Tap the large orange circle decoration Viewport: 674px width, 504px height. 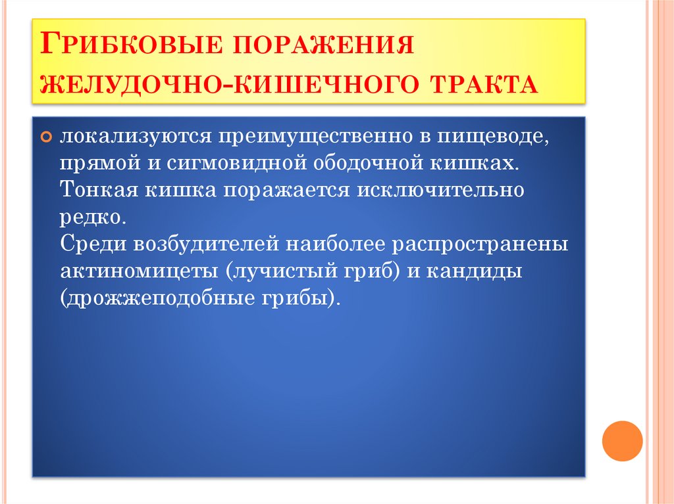click(x=622, y=440)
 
